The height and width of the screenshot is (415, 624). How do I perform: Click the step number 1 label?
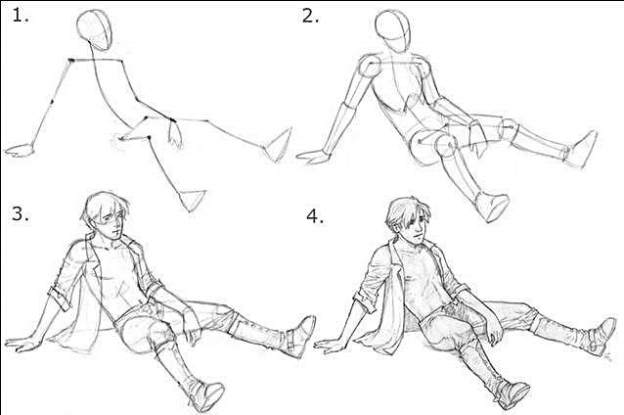pyautogui.click(x=20, y=16)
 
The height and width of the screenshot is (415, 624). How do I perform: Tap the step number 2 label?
pyautogui.click(x=310, y=16)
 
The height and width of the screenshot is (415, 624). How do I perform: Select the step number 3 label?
pyautogui.click(x=20, y=214)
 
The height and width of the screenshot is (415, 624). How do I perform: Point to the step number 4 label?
pyautogui.click(x=315, y=216)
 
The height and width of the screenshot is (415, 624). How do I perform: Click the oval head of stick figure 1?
pyautogui.click(x=94, y=30)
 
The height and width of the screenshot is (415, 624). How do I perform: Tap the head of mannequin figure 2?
pyautogui.click(x=393, y=30)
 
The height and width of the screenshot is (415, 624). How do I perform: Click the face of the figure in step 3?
pyautogui.click(x=113, y=224)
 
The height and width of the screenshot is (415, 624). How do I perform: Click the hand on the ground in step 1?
pyautogui.click(x=20, y=150)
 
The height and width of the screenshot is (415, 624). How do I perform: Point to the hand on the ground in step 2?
pyautogui.click(x=314, y=157)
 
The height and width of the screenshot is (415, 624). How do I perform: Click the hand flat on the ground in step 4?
pyautogui.click(x=332, y=346)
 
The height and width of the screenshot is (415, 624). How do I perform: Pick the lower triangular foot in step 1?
pyautogui.click(x=194, y=200)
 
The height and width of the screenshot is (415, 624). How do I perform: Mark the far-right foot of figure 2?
pyautogui.click(x=582, y=149)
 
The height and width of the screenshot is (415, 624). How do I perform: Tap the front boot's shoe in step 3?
pyautogui.click(x=205, y=395)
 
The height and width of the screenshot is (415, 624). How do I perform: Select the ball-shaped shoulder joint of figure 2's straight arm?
pyautogui.click(x=370, y=67)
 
